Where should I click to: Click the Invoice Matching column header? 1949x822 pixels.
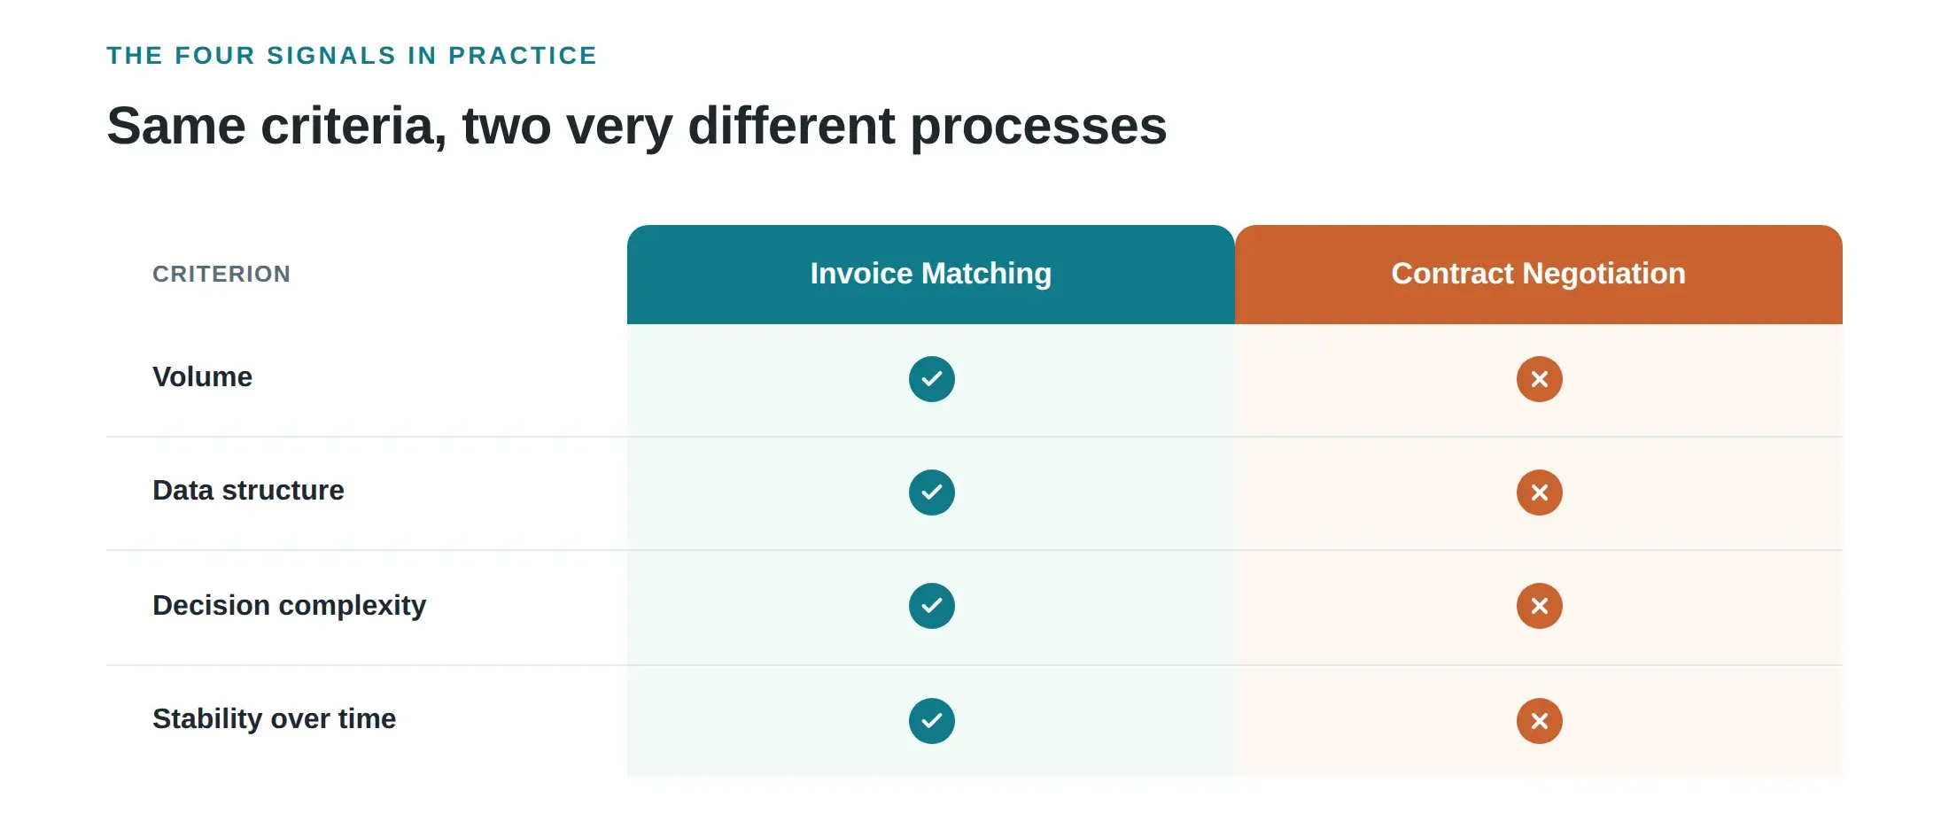[x=930, y=274]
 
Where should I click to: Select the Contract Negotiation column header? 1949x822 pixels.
[x=1539, y=274]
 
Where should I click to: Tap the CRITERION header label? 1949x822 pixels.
[x=221, y=275]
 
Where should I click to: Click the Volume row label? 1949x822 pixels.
[x=202, y=377]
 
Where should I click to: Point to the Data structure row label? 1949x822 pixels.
[x=248, y=491]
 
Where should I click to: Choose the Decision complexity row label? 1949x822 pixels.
[x=289, y=606]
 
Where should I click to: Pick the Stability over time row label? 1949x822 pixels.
[x=274, y=719]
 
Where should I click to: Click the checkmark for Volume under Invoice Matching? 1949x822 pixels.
[x=932, y=379]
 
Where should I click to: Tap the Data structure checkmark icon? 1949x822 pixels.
[x=932, y=492]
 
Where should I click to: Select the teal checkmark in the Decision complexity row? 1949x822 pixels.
[x=932, y=606]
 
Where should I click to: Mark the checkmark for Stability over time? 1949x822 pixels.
[x=932, y=721]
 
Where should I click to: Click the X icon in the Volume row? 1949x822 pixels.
[x=1540, y=379]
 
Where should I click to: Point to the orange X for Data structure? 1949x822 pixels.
[x=1540, y=492]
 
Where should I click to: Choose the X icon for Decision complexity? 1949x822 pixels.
[x=1540, y=606]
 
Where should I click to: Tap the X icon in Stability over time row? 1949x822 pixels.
[x=1540, y=721]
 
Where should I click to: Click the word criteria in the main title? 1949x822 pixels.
[x=353, y=127]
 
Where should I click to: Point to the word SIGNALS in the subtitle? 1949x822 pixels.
[x=331, y=56]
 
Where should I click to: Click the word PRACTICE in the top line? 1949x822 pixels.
[x=523, y=56]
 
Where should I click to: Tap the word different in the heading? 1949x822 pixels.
[x=792, y=127]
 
